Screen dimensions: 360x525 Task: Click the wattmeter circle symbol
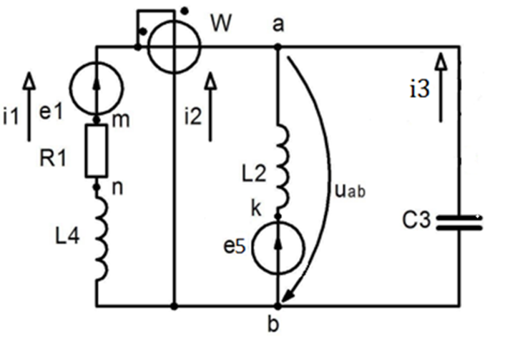click(x=175, y=47)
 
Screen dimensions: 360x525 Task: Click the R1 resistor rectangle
click(x=97, y=152)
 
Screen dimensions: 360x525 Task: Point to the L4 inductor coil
click(x=100, y=240)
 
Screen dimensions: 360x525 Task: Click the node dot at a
click(x=278, y=47)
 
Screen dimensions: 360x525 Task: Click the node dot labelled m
click(x=97, y=120)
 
